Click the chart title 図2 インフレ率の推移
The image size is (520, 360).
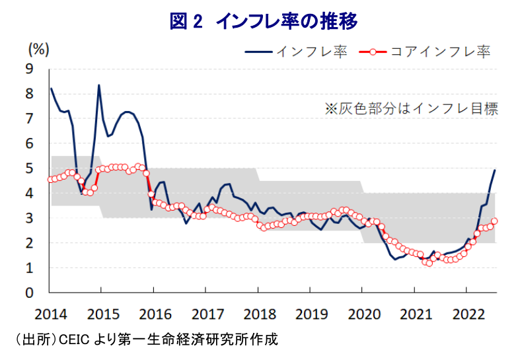point(263,21)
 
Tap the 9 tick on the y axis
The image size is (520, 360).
point(29,68)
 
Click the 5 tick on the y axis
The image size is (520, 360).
point(29,168)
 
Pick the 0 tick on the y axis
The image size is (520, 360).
point(29,293)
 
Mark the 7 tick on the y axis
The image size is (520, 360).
point(29,118)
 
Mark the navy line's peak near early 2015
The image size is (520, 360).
point(99,85)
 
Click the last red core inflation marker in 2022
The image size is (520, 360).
point(494,221)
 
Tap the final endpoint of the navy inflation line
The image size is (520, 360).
point(495,170)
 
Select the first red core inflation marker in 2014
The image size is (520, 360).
point(51,180)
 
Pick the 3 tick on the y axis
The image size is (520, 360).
point(29,218)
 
